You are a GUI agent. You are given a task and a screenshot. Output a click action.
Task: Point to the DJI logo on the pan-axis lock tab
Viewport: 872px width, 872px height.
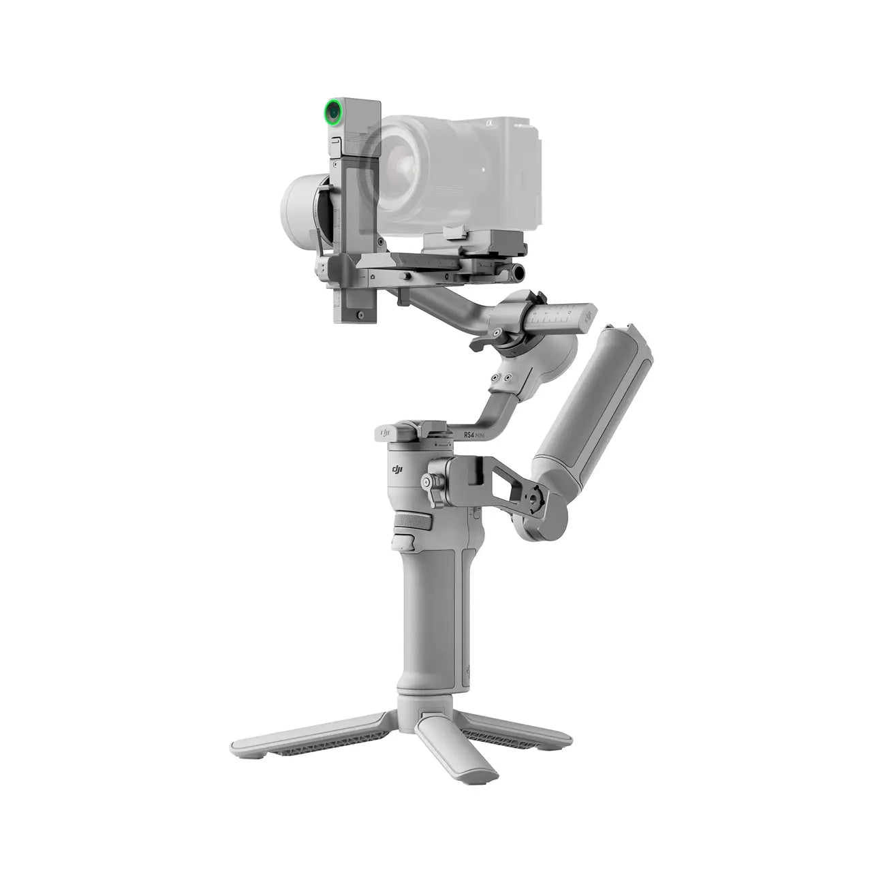tap(385, 432)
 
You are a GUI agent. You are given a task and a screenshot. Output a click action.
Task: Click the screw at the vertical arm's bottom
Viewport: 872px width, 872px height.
tap(356, 314)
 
